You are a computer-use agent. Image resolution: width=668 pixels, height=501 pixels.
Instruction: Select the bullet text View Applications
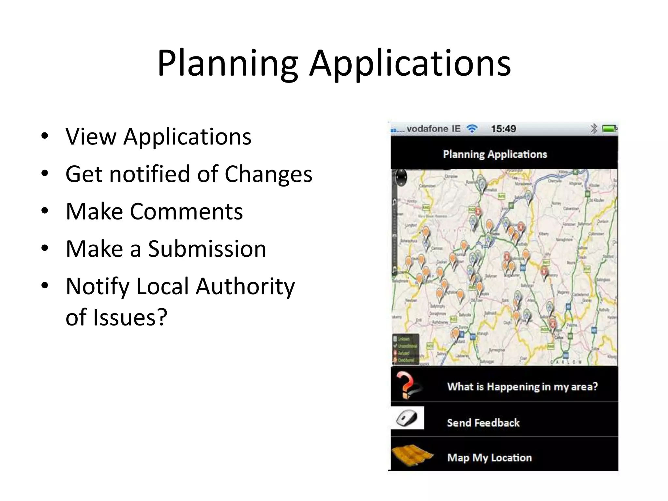point(158,136)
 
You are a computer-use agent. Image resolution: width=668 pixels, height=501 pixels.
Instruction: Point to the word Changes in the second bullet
point(268,174)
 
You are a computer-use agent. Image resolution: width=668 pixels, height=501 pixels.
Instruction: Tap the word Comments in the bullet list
point(186,211)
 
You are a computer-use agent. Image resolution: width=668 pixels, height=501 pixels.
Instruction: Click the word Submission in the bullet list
point(207,249)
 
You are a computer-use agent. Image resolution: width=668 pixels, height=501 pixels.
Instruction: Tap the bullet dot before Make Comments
point(45,210)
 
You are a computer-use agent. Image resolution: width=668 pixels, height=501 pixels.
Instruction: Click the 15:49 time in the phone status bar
point(503,129)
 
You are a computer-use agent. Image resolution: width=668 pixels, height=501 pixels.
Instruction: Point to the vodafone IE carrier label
point(433,129)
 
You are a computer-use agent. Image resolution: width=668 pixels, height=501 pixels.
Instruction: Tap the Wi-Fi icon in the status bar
point(472,129)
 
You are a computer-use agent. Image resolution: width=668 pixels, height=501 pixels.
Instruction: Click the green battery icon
point(609,129)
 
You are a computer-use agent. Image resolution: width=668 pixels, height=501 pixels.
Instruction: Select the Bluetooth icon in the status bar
point(594,129)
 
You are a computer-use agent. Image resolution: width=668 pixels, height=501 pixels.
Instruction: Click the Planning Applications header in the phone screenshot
point(495,154)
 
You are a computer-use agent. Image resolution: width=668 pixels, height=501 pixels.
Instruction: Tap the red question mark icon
point(406,385)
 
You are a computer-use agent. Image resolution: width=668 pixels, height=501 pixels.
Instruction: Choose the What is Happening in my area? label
point(522,387)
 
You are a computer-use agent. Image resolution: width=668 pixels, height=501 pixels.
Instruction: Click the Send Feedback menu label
point(483,423)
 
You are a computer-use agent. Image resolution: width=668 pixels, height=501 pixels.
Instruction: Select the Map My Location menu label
point(489,458)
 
